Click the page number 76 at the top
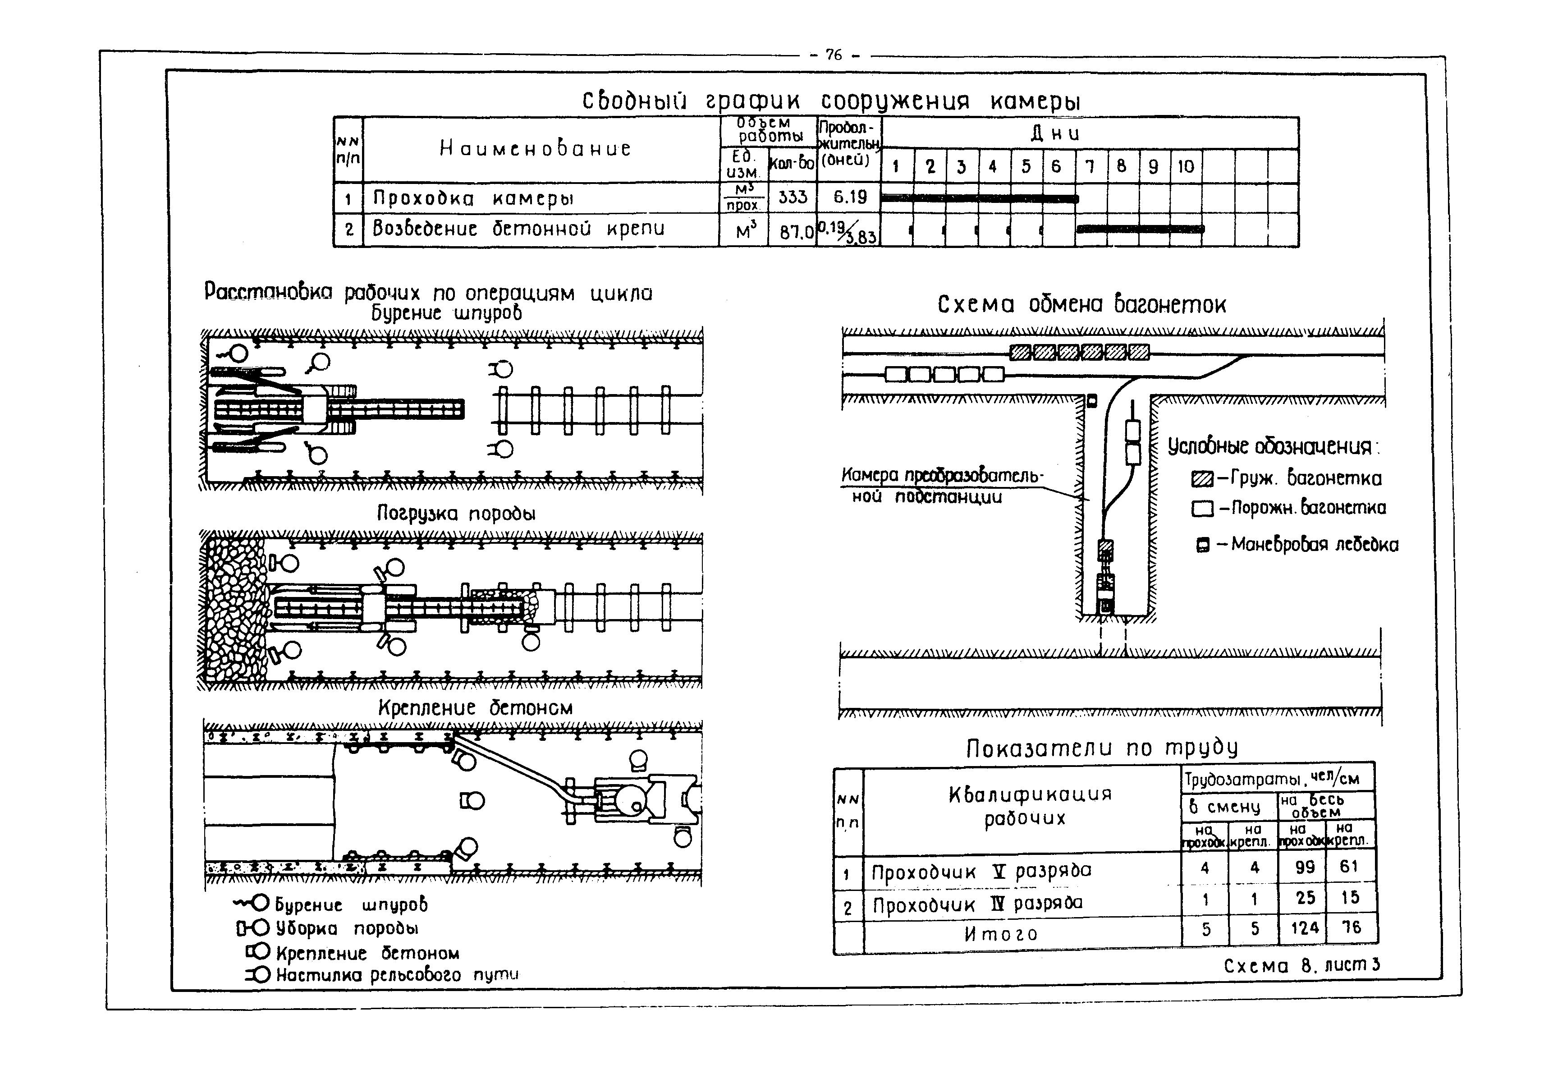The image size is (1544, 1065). pyautogui.click(x=834, y=55)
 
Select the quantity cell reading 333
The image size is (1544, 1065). pyautogui.click(x=792, y=197)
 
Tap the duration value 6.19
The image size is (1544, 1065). pyautogui.click(x=849, y=197)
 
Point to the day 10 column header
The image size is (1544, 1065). pyautogui.click(x=1185, y=166)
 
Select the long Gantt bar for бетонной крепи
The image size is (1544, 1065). pyautogui.click(x=1141, y=229)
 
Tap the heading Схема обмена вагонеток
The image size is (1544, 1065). pyautogui.click(x=1081, y=305)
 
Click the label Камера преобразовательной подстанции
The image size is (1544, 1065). pyautogui.click(x=941, y=486)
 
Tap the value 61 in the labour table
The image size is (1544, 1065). pyautogui.click(x=1349, y=867)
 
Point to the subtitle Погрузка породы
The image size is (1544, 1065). pyautogui.click(x=456, y=513)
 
